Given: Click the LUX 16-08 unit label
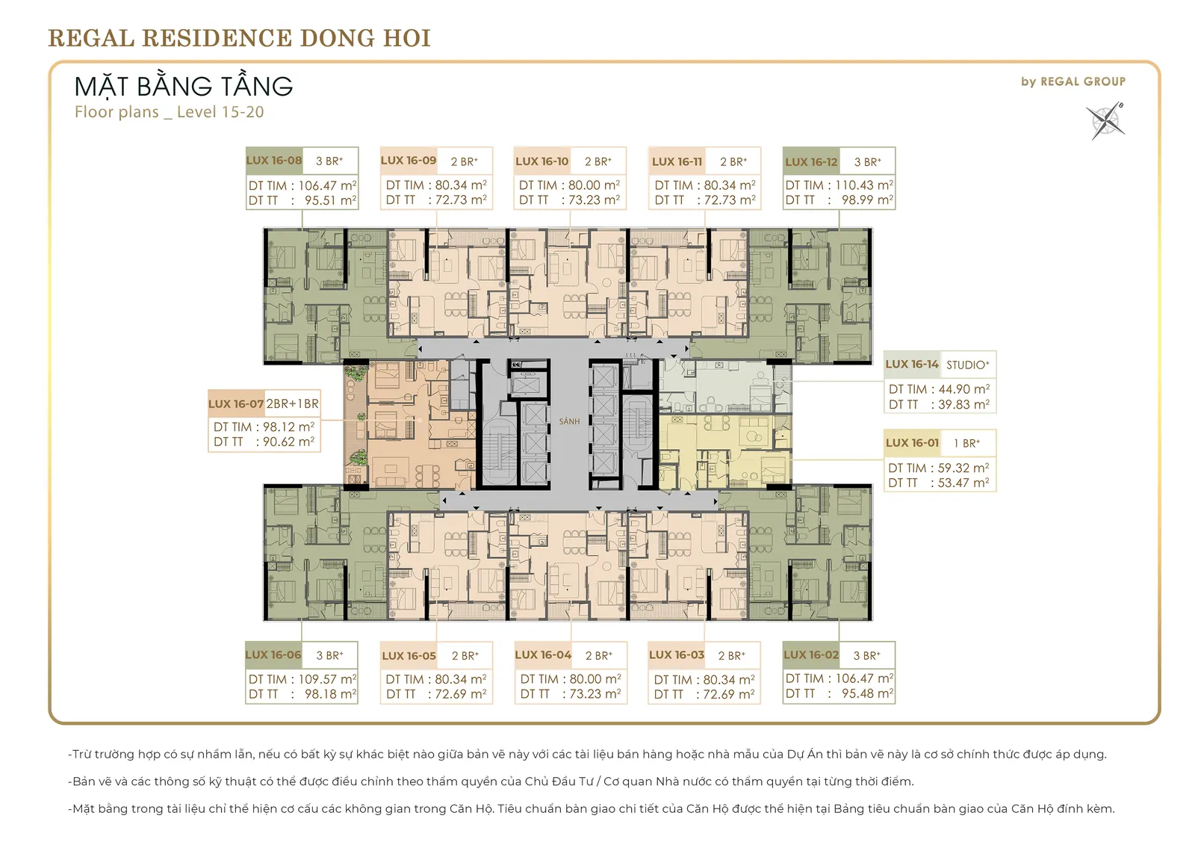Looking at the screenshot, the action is (x=274, y=160).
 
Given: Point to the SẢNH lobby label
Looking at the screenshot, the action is (x=569, y=421).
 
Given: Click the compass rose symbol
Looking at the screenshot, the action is (x=1105, y=121).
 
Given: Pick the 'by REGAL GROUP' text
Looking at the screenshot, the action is (x=1073, y=81).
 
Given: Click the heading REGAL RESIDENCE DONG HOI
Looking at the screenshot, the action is (x=240, y=38).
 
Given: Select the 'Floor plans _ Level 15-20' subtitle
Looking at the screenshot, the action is (x=169, y=112).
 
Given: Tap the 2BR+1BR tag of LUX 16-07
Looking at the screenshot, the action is (x=292, y=403).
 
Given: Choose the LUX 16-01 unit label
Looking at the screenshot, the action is (x=912, y=443).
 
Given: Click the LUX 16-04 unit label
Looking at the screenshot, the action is (x=543, y=655).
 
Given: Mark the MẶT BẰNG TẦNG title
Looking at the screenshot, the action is (x=184, y=86).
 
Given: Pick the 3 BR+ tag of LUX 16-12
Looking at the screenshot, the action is (x=867, y=161).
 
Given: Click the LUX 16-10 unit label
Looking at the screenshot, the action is (x=542, y=161).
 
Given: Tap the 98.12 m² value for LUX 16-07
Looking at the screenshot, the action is (x=288, y=427).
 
